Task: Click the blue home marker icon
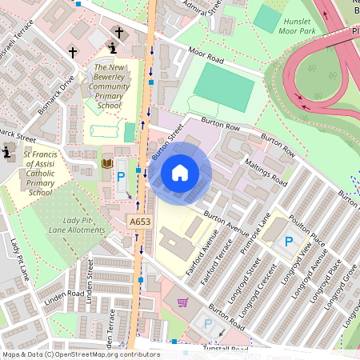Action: tap(180, 173)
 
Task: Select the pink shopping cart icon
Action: tap(182, 302)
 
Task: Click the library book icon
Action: tap(106, 164)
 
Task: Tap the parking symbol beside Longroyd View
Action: tap(290, 240)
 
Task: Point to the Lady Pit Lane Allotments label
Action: tap(73, 225)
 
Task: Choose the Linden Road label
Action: tap(64, 294)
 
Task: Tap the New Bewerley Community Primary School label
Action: tap(109, 86)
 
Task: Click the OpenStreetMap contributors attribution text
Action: tap(80, 354)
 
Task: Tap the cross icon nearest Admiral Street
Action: tap(119, 33)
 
